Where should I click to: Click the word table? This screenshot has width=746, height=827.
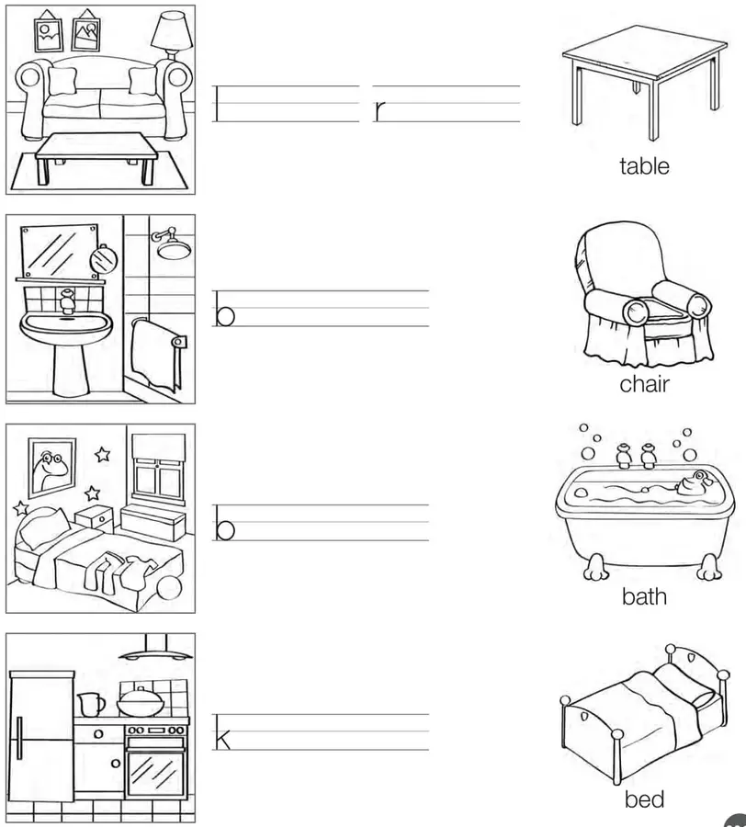click(644, 166)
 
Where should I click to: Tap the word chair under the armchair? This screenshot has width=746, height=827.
click(644, 384)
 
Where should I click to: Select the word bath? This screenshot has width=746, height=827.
click(644, 596)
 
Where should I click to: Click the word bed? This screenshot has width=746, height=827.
click(644, 799)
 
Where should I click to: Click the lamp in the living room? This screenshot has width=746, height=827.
click(172, 35)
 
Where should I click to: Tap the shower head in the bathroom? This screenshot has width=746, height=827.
click(171, 244)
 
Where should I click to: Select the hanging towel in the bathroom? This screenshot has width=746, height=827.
click(155, 354)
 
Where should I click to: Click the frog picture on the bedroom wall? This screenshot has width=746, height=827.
click(51, 468)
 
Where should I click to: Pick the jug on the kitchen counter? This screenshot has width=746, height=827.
click(91, 705)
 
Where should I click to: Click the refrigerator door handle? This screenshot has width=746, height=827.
click(19, 739)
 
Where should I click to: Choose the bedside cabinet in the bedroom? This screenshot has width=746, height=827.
click(95, 518)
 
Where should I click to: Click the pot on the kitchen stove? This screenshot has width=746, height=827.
click(139, 700)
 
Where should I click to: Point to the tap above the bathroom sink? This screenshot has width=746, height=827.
click(66, 301)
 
